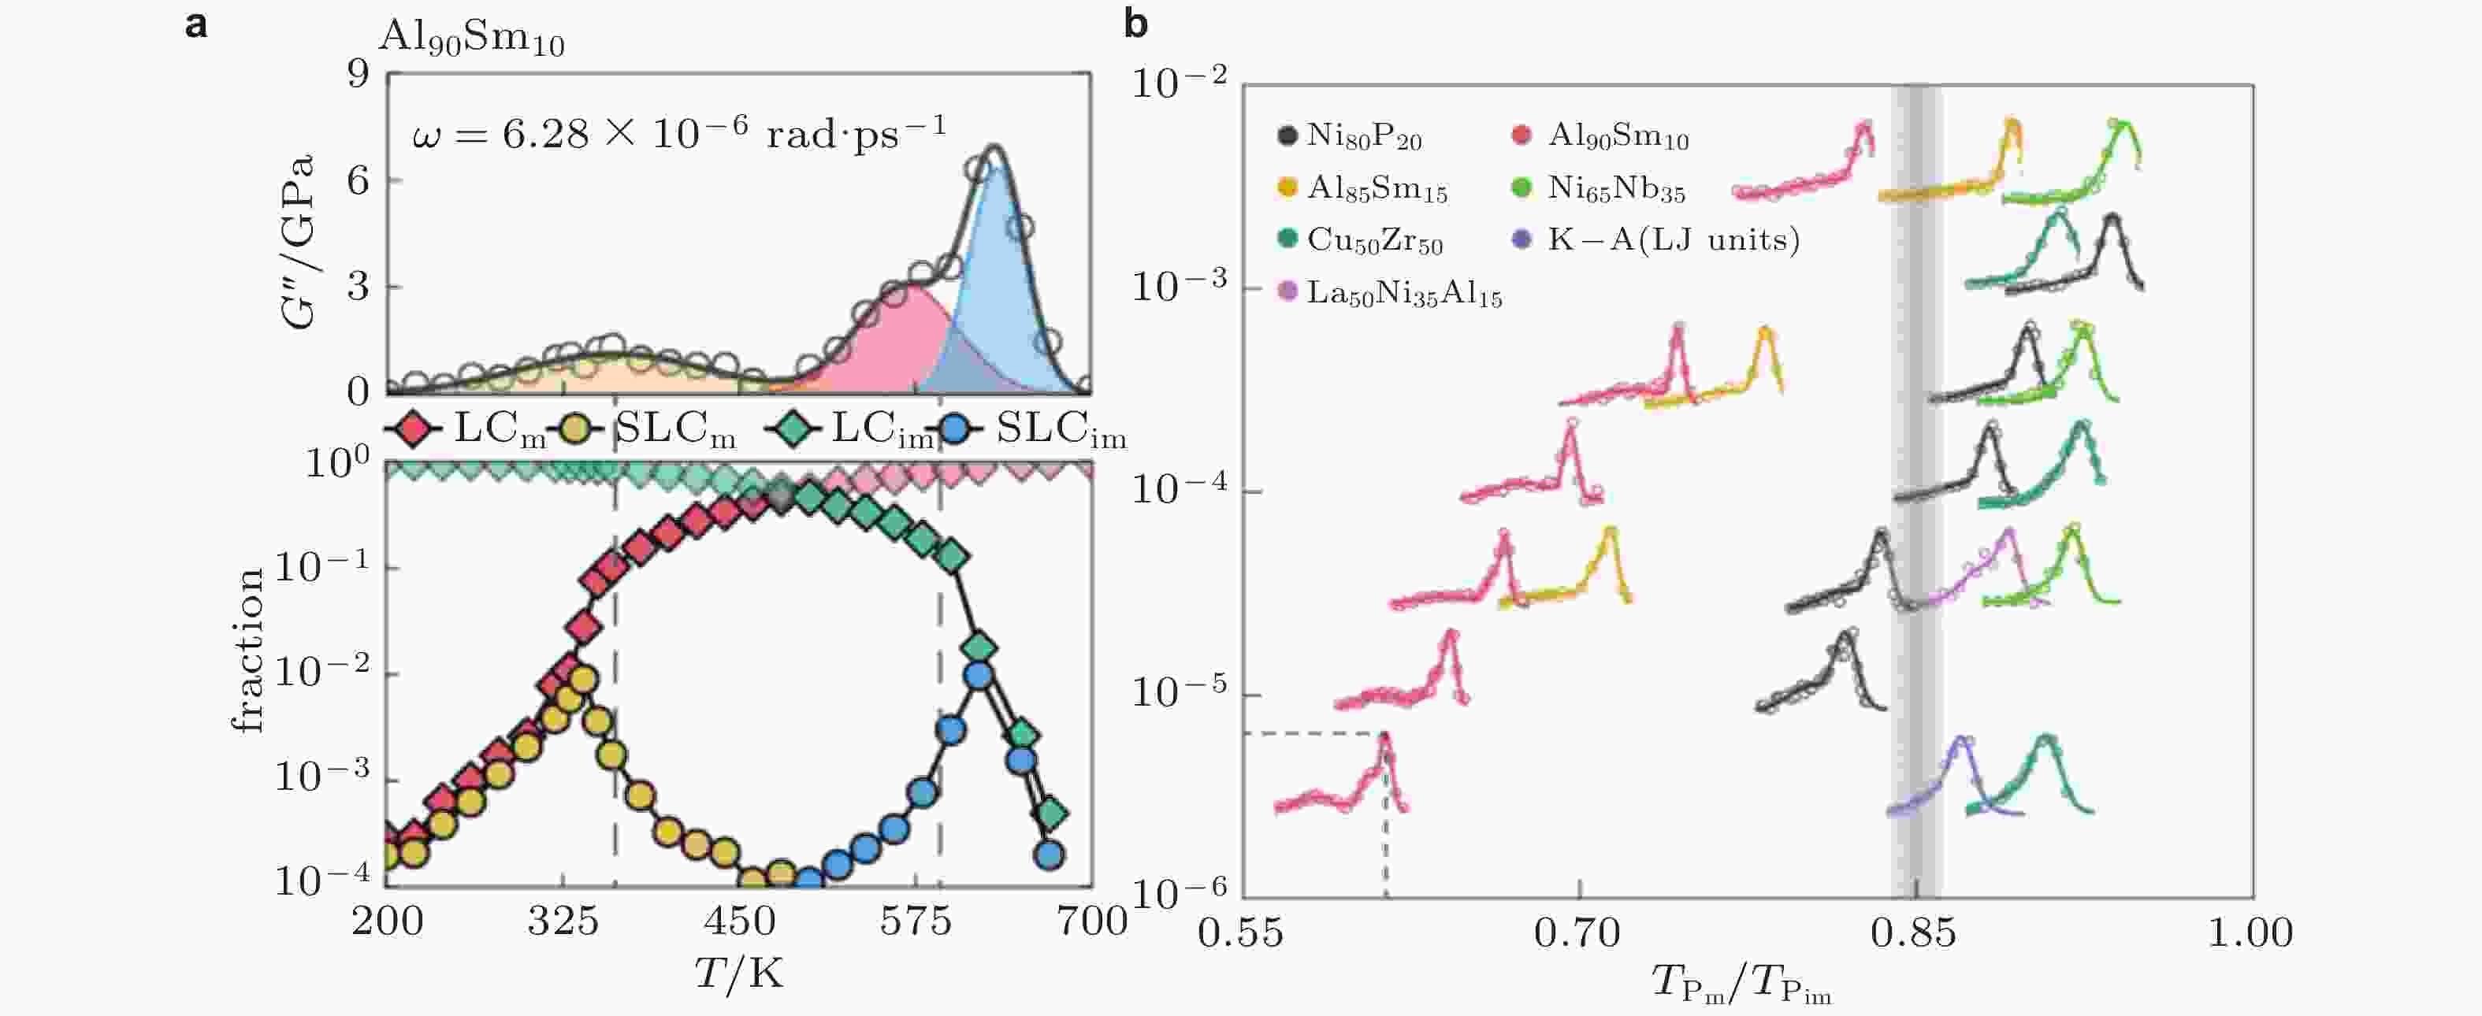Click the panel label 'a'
coord(195,24)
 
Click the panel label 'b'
coord(1136,24)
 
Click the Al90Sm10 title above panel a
coord(471,39)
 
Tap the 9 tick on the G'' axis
coord(359,74)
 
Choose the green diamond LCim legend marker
coord(791,428)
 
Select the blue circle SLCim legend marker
coord(955,428)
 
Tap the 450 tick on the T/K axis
coord(739,922)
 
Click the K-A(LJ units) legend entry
coord(1657,239)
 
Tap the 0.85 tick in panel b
coord(1915,933)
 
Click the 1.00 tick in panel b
coord(2251,933)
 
